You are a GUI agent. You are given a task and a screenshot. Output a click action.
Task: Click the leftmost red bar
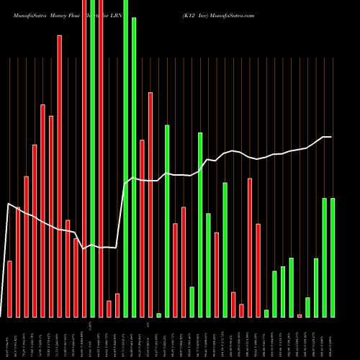10,289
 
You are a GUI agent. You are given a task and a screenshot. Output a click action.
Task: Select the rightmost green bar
333,257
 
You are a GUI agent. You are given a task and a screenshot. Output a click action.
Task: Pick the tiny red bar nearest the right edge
300,315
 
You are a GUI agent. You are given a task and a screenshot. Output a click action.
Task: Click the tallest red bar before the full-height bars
60,176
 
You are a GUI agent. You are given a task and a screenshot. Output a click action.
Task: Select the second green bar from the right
325,257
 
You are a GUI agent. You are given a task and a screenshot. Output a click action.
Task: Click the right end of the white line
332,137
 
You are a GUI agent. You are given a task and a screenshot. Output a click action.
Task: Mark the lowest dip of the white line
84,249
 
